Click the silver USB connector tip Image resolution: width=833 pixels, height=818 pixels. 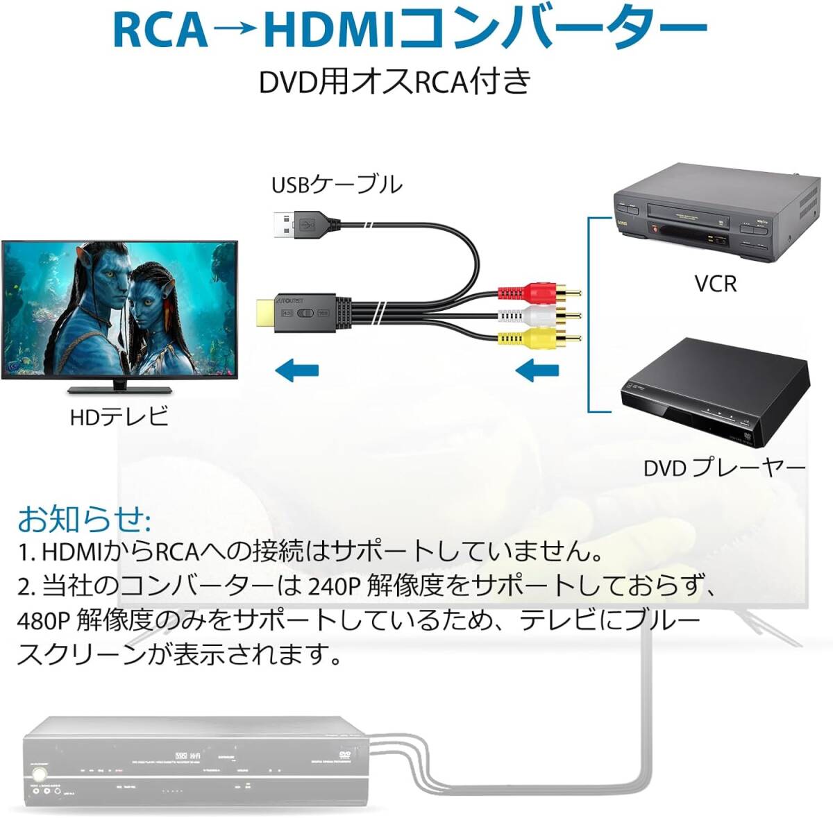tap(281, 223)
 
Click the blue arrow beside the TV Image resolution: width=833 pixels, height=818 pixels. tap(296, 370)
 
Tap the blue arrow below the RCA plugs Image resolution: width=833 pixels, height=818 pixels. tap(538, 370)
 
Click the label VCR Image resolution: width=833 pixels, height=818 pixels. tap(715, 284)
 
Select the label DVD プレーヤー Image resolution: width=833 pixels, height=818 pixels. tap(724, 468)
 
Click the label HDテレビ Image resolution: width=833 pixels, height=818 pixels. tap(119, 416)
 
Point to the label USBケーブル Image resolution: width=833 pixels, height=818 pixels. tap(336, 185)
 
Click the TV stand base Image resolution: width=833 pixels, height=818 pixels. tap(119, 389)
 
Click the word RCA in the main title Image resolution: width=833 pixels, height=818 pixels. tap(159, 30)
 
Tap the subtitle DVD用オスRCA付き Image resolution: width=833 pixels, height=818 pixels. tap(394, 82)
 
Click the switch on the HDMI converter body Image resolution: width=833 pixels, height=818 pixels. tap(305, 314)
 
